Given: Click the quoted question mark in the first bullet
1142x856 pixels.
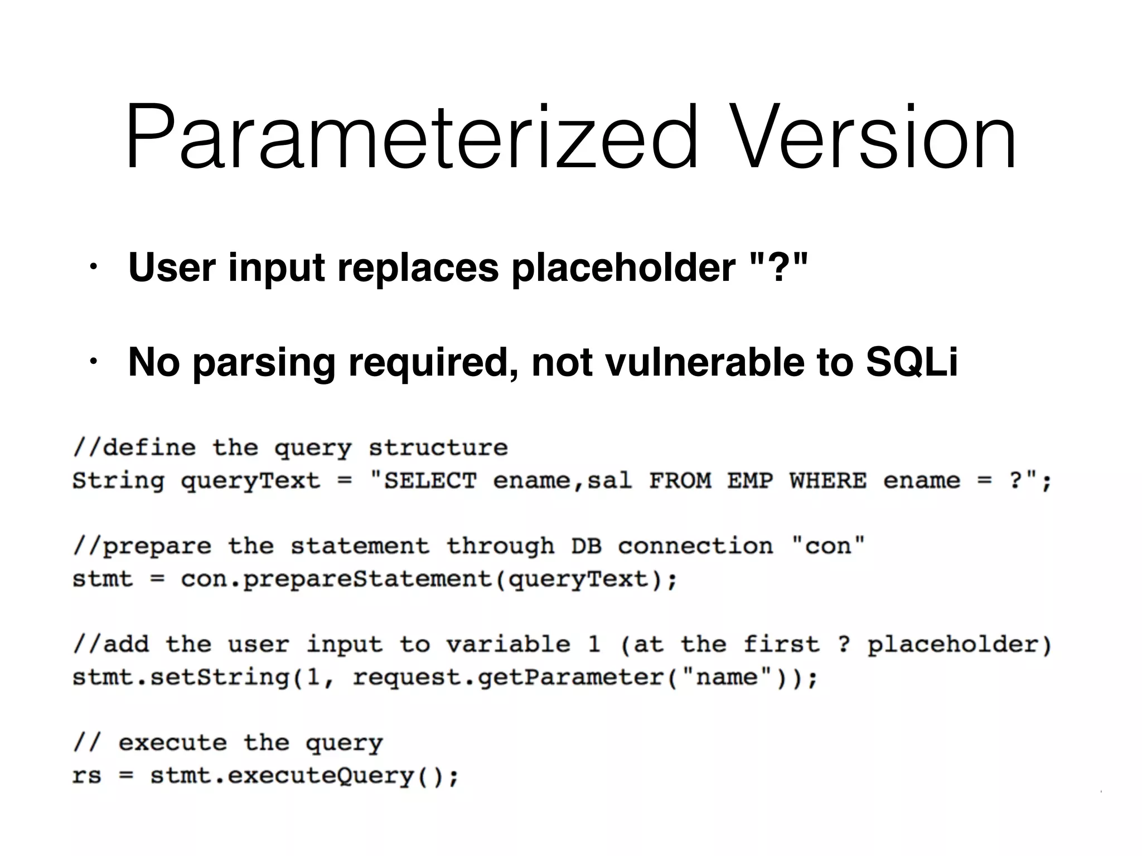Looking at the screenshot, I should (778, 267).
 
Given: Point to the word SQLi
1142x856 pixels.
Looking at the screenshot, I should (912, 362).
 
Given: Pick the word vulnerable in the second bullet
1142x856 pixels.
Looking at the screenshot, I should (704, 362).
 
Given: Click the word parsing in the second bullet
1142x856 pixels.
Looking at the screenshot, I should (264, 363).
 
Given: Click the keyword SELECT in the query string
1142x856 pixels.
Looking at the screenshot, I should (430, 480).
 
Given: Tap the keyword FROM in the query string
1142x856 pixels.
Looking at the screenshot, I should (680, 480).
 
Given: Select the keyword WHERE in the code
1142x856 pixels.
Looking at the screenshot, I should (828, 480).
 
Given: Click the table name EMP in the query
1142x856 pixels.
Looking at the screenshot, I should (750, 480).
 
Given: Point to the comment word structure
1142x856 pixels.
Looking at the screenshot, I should (438, 448).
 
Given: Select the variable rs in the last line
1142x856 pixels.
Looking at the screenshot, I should (87, 776).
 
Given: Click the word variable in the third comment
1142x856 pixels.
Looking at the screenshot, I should (508, 645).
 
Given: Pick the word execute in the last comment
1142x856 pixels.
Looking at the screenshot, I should (173, 743).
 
